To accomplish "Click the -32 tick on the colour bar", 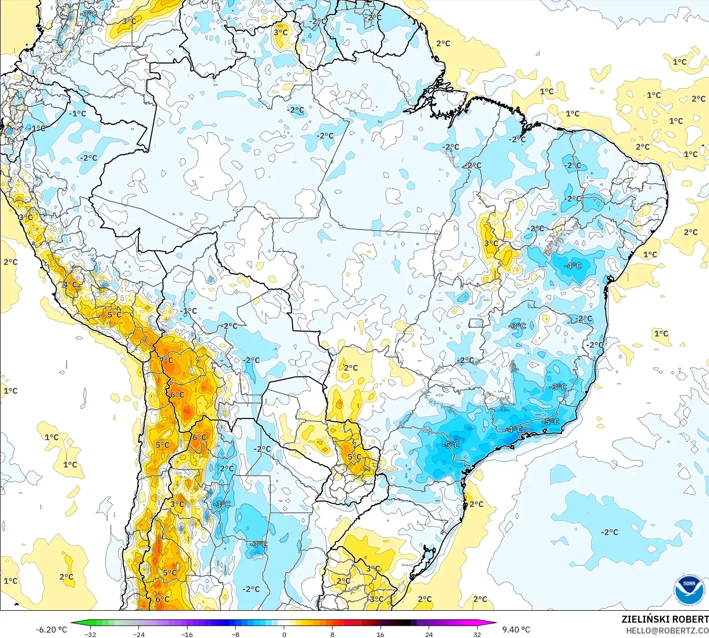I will pyautogui.click(x=90, y=634).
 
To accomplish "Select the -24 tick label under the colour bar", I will pyautogui.click(x=139, y=634).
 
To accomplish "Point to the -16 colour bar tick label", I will pyautogui.click(x=187, y=634).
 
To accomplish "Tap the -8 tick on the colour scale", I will pyautogui.click(x=236, y=634).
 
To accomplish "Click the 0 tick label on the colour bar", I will pyautogui.click(x=284, y=634).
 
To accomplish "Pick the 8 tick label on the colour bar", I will pyautogui.click(x=332, y=634).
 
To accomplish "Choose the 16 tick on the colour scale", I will pyautogui.click(x=380, y=634).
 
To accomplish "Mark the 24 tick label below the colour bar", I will pyautogui.click(x=429, y=634).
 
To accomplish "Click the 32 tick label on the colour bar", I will pyautogui.click(x=477, y=634).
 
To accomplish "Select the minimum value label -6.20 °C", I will pyautogui.click(x=51, y=630).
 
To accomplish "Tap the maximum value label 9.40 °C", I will pyautogui.click(x=516, y=630).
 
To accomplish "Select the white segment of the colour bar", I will pyautogui.click(x=284, y=623).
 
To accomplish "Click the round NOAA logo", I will pyautogui.click(x=689, y=589).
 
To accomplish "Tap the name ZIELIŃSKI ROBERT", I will pyautogui.click(x=665, y=619).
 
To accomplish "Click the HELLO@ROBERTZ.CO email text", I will pyautogui.click(x=667, y=631).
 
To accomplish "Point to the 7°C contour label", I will pyautogui.click(x=167, y=360).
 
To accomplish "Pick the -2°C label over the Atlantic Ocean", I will pyautogui.click(x=609, y=532).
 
